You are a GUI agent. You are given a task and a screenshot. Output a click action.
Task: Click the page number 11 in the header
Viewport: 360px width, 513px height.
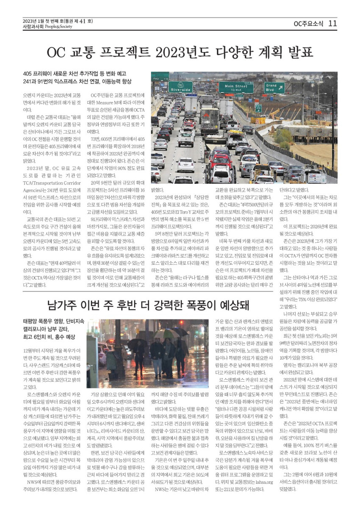coord(332,23)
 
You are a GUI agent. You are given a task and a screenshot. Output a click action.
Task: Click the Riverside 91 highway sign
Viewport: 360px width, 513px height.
coord(180,87)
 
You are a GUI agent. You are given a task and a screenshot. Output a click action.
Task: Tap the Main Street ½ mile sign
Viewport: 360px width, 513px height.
coord(236,88)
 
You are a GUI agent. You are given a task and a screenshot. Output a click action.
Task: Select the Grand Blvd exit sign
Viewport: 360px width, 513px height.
coord(274,87)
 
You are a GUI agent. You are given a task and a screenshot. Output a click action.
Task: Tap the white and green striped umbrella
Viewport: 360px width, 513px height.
coord(166,333)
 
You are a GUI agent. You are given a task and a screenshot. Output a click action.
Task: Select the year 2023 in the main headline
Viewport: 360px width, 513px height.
coord(175,53)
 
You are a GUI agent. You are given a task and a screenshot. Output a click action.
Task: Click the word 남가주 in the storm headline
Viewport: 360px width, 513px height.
coord(63,305)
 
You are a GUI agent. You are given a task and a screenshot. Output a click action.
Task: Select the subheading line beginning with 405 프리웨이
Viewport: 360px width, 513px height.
coord(75,74)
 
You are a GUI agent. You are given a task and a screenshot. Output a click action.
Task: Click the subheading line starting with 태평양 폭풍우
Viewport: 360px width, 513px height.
coord(53,321)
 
